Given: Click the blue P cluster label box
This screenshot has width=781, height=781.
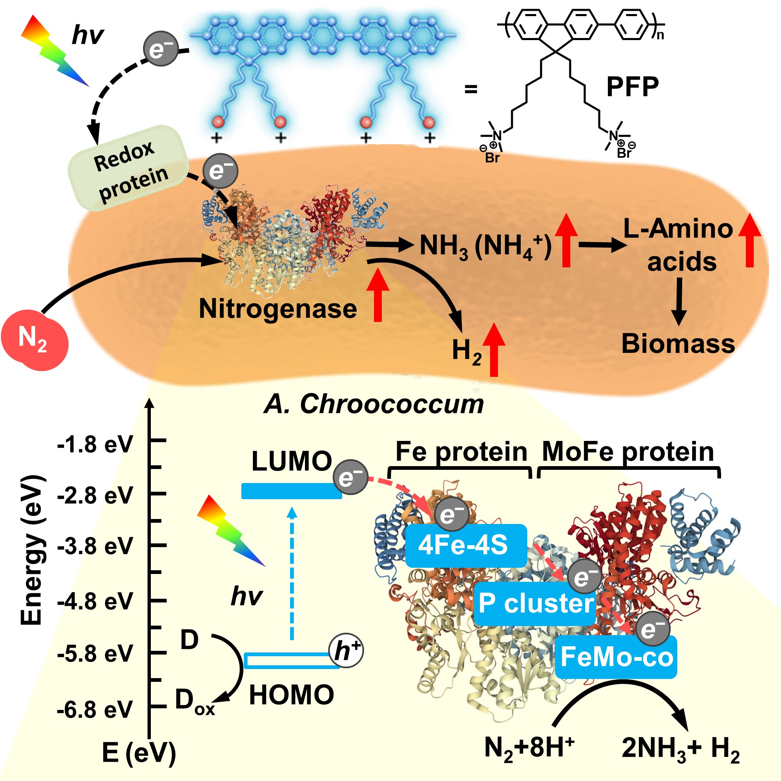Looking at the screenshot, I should pyautogui.click(x=535, y=603).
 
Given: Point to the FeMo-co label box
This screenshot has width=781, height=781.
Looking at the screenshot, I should pyautogui.click(x=616, y=657).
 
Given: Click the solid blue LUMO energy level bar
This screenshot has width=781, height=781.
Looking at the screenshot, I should pyautogui.click(x=291, y=491).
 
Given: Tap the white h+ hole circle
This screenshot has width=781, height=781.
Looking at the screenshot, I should pyautogui.click(x=346, y=651).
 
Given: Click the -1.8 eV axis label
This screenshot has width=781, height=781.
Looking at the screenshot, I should pyautogui.click(x=95, y=445).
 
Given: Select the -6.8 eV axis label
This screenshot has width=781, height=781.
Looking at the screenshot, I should pyautogui.click(x=95, y=710).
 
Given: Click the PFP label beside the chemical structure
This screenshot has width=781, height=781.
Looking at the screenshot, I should pyautogui.click(x=632, y=87).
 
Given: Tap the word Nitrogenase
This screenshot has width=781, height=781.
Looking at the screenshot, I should pyautogui.click(x=278, y=309).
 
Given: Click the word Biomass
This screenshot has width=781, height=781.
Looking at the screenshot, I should pyautogui.click(x=678, y=343).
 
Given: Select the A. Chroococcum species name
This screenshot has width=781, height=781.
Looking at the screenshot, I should pyautogui.click(x=374, y=404).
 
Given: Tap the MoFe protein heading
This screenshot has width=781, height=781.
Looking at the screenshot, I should pyautogui.click(x=628, y=451).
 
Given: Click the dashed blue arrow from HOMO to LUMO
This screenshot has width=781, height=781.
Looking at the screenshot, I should pyautogui.click(x=292, y=574).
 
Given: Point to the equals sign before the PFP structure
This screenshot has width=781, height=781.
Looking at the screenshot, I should pyautogui.click(x=471, y=89).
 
